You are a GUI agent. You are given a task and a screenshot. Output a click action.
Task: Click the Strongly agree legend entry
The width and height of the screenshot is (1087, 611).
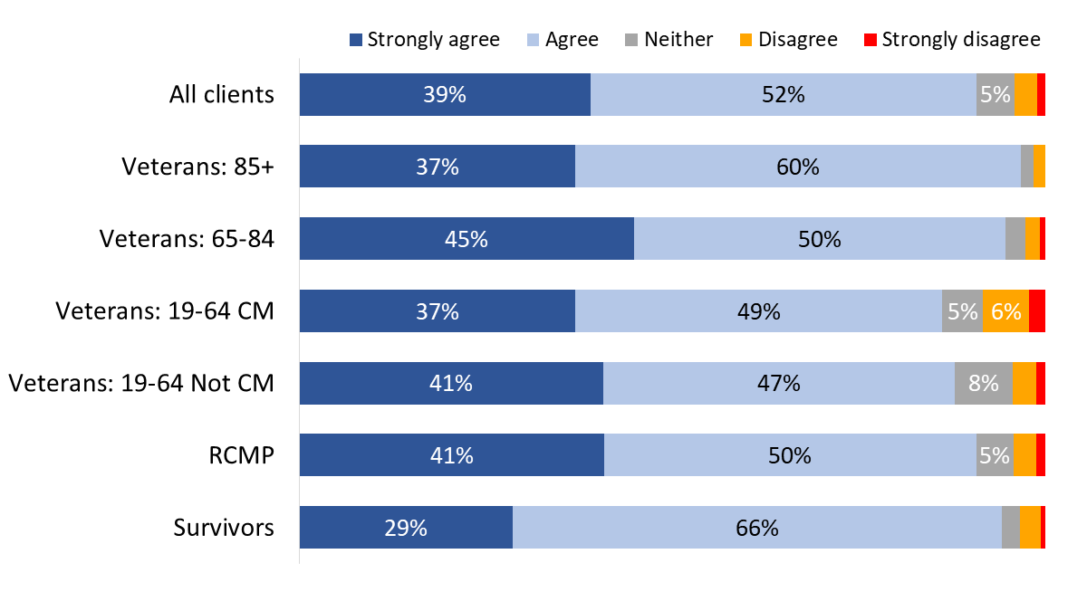(424, 40)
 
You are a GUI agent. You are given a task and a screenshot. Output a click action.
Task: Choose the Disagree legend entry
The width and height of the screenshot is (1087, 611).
(787, 40)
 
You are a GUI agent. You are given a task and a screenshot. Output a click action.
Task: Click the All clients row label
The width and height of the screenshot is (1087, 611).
(222, 94)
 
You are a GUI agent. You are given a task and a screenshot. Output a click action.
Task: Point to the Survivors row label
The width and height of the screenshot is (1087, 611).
(224, 528)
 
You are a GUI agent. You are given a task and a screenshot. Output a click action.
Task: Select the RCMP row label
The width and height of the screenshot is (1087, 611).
(241, 455)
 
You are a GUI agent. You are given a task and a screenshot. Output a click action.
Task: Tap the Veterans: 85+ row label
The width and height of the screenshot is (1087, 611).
(197, 167)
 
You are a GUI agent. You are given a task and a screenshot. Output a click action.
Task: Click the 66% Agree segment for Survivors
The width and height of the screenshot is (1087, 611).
(757, 528)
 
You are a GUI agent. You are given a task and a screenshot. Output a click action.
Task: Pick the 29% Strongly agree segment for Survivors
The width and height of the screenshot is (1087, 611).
(406, 528)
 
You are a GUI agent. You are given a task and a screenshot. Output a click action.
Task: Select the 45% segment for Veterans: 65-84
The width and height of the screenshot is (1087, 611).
(467, 239)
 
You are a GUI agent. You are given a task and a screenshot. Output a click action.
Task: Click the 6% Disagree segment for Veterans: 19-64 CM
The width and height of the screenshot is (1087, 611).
(1005, 311)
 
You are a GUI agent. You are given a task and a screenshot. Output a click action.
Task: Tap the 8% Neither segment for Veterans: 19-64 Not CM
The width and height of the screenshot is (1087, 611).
(983, 383)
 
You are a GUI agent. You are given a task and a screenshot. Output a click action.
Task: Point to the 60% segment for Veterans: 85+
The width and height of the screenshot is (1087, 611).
(797, 167)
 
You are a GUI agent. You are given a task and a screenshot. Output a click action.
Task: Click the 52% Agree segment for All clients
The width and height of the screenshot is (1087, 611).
(784, 94)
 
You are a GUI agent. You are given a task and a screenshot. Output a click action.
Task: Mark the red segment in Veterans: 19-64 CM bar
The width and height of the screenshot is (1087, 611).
(1037, 311)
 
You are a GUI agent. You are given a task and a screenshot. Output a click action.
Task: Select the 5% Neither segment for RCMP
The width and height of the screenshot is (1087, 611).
(995, 455)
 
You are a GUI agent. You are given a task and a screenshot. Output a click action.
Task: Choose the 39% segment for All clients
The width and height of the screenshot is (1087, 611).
(445, 94)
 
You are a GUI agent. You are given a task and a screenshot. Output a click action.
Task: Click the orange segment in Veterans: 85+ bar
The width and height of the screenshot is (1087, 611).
(1039, 167)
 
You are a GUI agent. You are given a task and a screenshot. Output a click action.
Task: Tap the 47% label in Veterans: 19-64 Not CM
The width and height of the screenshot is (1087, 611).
(779, 383)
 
